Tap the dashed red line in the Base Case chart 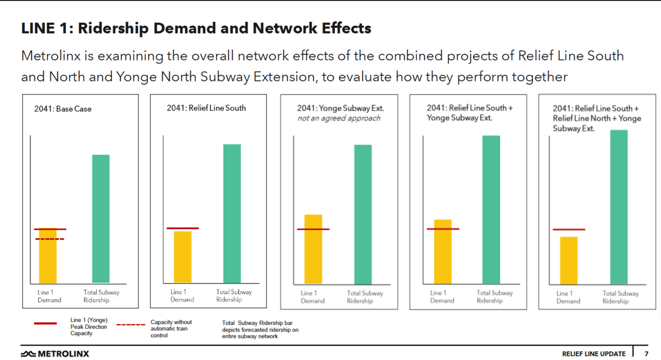50,239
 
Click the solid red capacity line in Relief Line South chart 183,228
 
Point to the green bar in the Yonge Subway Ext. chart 363,214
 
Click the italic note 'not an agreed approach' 339,118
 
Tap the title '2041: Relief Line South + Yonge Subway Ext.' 469,113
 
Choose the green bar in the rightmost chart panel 619,207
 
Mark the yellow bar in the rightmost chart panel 569,260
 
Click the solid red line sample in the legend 45,323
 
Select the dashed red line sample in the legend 131,325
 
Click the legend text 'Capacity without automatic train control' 171,328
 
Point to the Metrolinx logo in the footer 55,354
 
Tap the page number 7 646,354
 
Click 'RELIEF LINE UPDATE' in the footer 593,354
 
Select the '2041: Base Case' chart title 63,109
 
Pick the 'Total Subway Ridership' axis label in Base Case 101,296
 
